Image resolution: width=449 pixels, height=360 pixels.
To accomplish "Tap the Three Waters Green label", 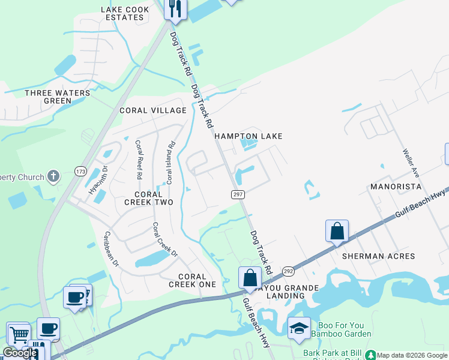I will tap(58, 97).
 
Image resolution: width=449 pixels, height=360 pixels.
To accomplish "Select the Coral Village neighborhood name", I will tap(153, 110).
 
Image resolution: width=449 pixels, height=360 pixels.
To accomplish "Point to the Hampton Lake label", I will tap(249, 136).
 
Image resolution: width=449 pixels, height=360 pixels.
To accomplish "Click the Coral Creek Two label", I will tap(148, 199).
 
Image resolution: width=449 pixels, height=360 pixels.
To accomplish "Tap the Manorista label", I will tap(395, 187).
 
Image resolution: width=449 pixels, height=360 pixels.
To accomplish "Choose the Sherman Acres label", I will tap(378, 256).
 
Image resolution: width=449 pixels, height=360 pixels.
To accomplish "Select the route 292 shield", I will tap(288, 271).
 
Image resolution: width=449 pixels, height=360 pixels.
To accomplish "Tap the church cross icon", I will tap(53, 176).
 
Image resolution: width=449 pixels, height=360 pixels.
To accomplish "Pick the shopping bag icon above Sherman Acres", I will tap(337, 230).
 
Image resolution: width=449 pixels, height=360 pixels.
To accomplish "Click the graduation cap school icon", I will tap(299, 328).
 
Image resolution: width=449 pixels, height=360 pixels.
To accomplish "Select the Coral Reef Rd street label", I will tap(139, 160).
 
